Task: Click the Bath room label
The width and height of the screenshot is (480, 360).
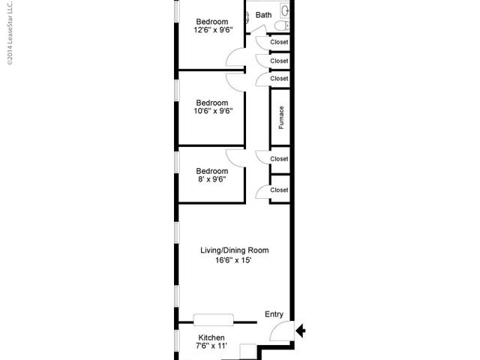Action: tap(263, 15)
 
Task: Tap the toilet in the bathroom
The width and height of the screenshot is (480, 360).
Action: tap(282, 25)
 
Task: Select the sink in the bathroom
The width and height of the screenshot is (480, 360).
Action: tap(285, 11)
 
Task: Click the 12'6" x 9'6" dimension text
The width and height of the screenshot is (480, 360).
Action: tap(213, 30)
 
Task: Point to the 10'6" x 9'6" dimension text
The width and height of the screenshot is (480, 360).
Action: tap(213, 111)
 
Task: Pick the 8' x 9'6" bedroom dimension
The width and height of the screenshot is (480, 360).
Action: tap(212, 179)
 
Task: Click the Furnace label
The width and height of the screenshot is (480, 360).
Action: tap(281, 118)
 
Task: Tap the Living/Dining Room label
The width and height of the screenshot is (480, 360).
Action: tap(235, 250)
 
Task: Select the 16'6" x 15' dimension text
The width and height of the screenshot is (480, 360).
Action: tap(233, 260)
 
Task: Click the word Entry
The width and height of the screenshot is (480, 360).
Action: tap(274, 314)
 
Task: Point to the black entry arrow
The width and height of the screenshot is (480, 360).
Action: tap(301, 331)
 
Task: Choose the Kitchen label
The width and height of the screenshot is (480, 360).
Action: tap(211, 337)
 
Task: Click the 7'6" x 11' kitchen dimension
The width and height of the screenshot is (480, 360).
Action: tap(211, 346)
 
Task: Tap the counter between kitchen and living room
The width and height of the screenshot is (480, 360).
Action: tap(213, 320)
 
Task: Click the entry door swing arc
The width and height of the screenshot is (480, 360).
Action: tap(274, 328)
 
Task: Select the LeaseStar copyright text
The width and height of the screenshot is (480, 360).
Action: tap(10, 33)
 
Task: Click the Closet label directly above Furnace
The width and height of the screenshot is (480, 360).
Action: tap(279, 79)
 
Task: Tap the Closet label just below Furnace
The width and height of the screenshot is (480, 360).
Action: tap(279, 159)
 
